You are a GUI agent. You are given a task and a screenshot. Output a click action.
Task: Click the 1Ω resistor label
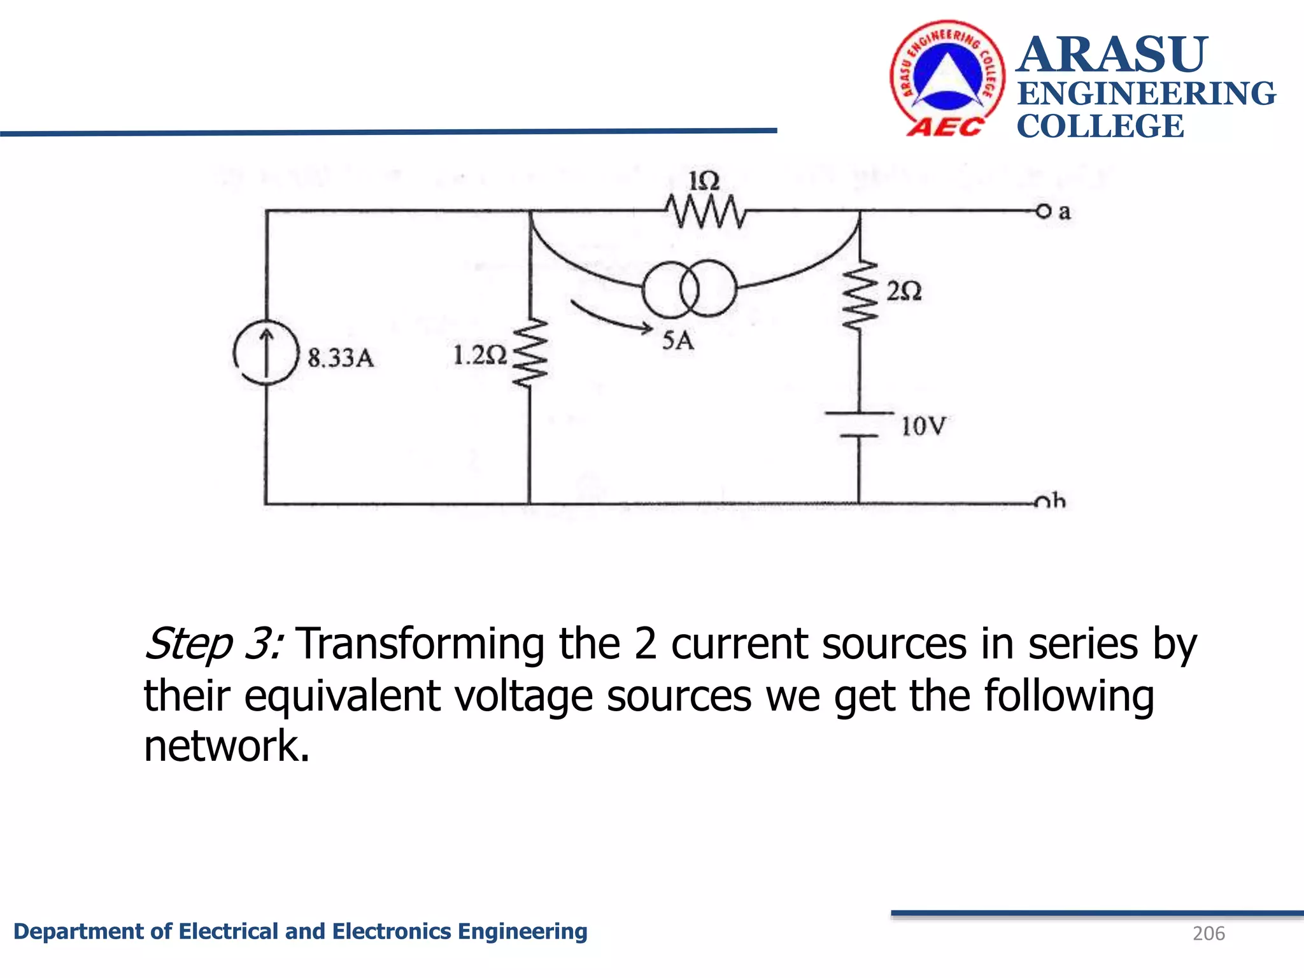(x=704, y=181)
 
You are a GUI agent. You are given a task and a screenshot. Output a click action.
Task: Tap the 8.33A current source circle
(x=266, y=353)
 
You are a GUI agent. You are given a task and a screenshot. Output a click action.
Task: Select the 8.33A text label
(x=341, y=358)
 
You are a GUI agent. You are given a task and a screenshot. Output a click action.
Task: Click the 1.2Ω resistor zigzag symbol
(x=530, y=353)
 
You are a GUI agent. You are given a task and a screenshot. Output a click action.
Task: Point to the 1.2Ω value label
(x=479, y=355)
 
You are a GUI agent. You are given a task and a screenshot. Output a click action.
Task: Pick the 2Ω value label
(x=904, y=292)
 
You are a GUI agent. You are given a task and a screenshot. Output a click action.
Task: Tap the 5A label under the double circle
(x=677, y=341)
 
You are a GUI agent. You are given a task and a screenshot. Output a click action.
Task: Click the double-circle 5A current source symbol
(x=690, y=289)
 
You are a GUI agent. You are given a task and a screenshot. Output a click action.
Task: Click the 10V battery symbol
(x=859, y=425)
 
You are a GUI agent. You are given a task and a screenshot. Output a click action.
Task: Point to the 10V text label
(x=923, y=426)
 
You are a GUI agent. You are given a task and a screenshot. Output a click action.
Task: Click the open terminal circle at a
(x=1043, y=211)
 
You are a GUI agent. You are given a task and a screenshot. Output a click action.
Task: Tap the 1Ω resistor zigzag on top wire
(x=705, y=211)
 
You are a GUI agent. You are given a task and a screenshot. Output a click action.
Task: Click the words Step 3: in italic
(x=214, y=644)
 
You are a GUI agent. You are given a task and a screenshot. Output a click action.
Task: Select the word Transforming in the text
(x=420, y=644)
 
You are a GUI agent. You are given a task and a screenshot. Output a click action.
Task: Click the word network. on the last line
(x=227, y=746)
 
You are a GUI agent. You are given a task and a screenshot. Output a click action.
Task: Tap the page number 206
(x=1208, y=933)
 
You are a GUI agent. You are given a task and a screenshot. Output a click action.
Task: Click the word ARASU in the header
(x=1112, y=55)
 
